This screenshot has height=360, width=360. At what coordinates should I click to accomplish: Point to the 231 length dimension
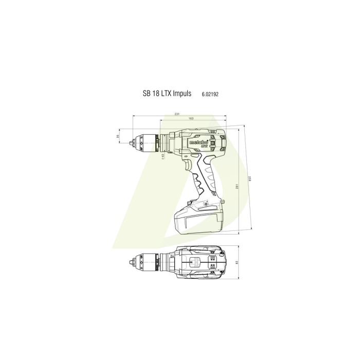[176, 114]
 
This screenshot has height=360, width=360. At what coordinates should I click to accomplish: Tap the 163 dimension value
[191, 119]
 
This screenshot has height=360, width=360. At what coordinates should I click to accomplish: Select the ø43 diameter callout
[163, 156]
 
